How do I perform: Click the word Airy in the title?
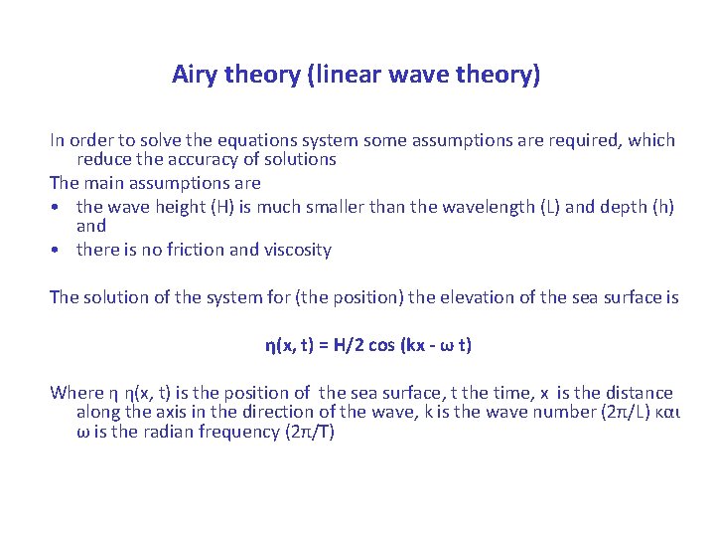pyautogui.click(x=195, y=75)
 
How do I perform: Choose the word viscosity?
pyautogui.click(x=296, y=251)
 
